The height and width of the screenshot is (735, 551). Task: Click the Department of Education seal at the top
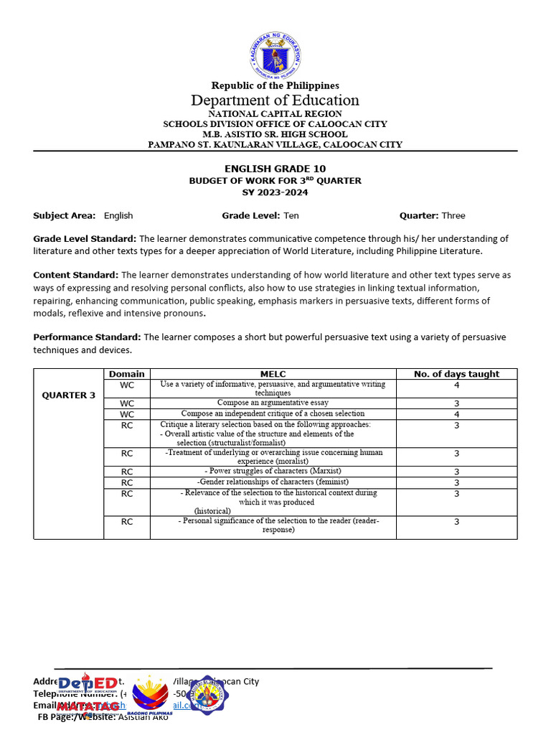point(275,55)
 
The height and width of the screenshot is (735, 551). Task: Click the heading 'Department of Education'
point(275,100)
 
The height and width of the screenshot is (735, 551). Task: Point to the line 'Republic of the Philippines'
point(275,85)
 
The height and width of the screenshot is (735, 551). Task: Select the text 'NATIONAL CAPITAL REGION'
point(275,114)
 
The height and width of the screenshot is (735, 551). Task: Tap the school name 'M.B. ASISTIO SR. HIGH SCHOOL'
point(275,134)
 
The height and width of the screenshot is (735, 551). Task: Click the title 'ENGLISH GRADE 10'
point(275,169)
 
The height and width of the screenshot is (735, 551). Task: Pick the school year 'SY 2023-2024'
point(275,192)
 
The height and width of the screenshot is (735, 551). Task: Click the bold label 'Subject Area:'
point(64,215)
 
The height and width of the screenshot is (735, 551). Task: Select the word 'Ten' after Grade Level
point(291,215)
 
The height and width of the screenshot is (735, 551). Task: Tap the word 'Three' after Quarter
point(453,215)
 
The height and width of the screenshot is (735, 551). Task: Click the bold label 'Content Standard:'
point(76,275)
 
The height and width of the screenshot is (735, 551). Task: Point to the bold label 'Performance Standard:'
point(88,337)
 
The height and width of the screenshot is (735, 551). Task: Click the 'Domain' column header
point(126,374)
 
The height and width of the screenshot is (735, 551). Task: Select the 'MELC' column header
point(273,374)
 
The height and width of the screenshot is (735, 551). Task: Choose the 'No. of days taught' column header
point(456,374)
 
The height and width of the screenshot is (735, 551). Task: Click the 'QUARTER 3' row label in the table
point(69,395)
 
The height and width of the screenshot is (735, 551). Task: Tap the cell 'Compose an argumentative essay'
point(273,403)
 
